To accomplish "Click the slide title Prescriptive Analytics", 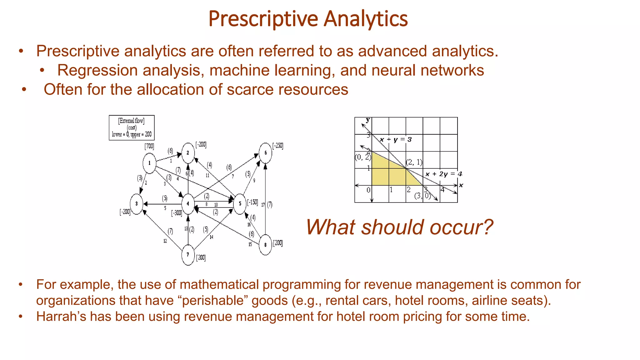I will point(308,19).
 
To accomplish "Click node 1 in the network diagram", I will point(149,163).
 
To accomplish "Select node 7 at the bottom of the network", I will point(188,255).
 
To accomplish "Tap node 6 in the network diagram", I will point(265,153).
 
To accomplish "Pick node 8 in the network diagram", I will point(265,245).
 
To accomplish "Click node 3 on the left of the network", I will point(137,204).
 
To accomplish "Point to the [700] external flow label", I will point(149,146).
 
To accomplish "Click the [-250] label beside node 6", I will point(278,146).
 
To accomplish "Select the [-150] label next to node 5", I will point(252,202).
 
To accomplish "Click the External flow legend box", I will point(132,127).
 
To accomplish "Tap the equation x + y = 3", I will point(396,139).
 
